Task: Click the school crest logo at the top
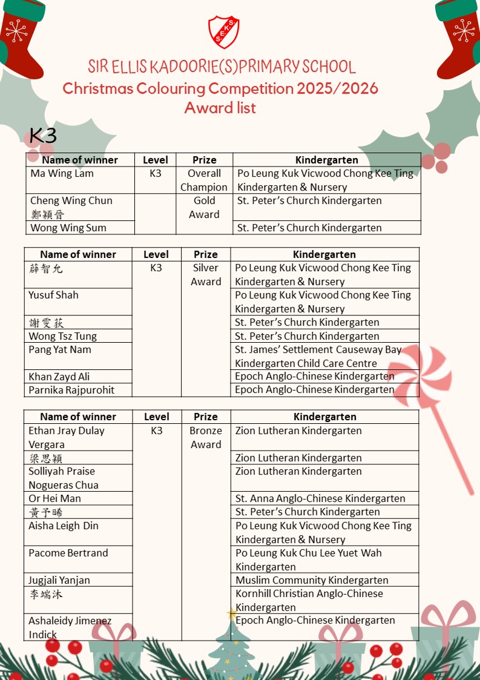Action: (223, 32)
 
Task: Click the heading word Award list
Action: (220, 108)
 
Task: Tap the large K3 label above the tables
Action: (42, 136)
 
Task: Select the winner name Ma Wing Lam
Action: (62, 174)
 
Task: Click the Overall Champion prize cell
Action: (204, 180)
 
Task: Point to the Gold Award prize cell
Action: (204, 208)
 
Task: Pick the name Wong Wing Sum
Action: (68, 228)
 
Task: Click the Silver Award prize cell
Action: (206, 275)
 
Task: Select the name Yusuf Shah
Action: (53, 295)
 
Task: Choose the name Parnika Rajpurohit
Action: (71, 390)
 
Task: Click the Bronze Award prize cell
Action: (206, 438)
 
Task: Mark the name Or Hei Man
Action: (54, 499)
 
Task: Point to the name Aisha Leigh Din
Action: (63, 526)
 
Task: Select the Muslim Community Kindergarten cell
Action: (312, 580)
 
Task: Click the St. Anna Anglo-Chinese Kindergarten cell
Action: (320, 499)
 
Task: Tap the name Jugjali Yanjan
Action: (59, 580)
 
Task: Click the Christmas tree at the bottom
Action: (231, 648)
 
